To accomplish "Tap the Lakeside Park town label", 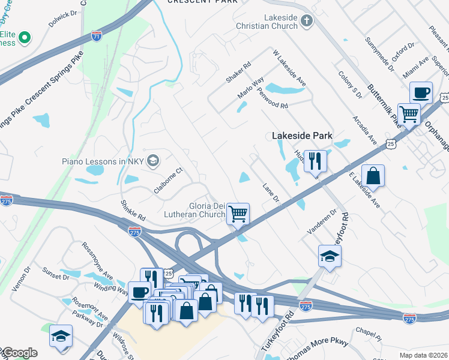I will click(x=302, y=136).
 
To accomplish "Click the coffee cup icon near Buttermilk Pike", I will click(x=421, y=92).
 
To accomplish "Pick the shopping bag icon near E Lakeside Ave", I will click(x=373, y=176).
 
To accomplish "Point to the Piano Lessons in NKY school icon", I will click(x=153, y=160).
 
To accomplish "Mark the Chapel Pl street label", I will click(x=368, y=334).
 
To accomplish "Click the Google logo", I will click(x=19, y=353).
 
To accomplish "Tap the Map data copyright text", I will click(x=423, y=355).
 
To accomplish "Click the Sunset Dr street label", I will click(x=56, y=277).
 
